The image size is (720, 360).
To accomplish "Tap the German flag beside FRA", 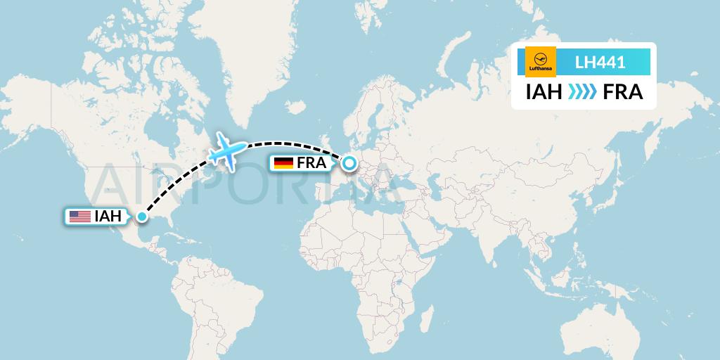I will point(283,163).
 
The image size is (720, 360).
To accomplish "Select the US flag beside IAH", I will point(79,217).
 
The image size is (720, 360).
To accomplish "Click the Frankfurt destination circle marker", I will point(349,164).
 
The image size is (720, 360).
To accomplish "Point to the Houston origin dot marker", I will point(141,217).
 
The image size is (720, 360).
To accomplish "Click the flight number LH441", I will point(600,63).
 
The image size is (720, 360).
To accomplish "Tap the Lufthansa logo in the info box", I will point(541,61).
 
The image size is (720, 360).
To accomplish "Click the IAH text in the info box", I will point(544,92).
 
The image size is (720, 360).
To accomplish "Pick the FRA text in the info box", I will point(622,92).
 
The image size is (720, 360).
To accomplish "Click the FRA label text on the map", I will point(311,163).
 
